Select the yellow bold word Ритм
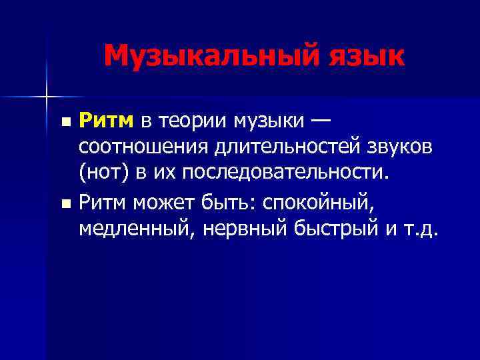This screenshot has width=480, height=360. coord(107,121)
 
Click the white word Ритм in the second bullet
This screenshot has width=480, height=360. coord(102,201)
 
